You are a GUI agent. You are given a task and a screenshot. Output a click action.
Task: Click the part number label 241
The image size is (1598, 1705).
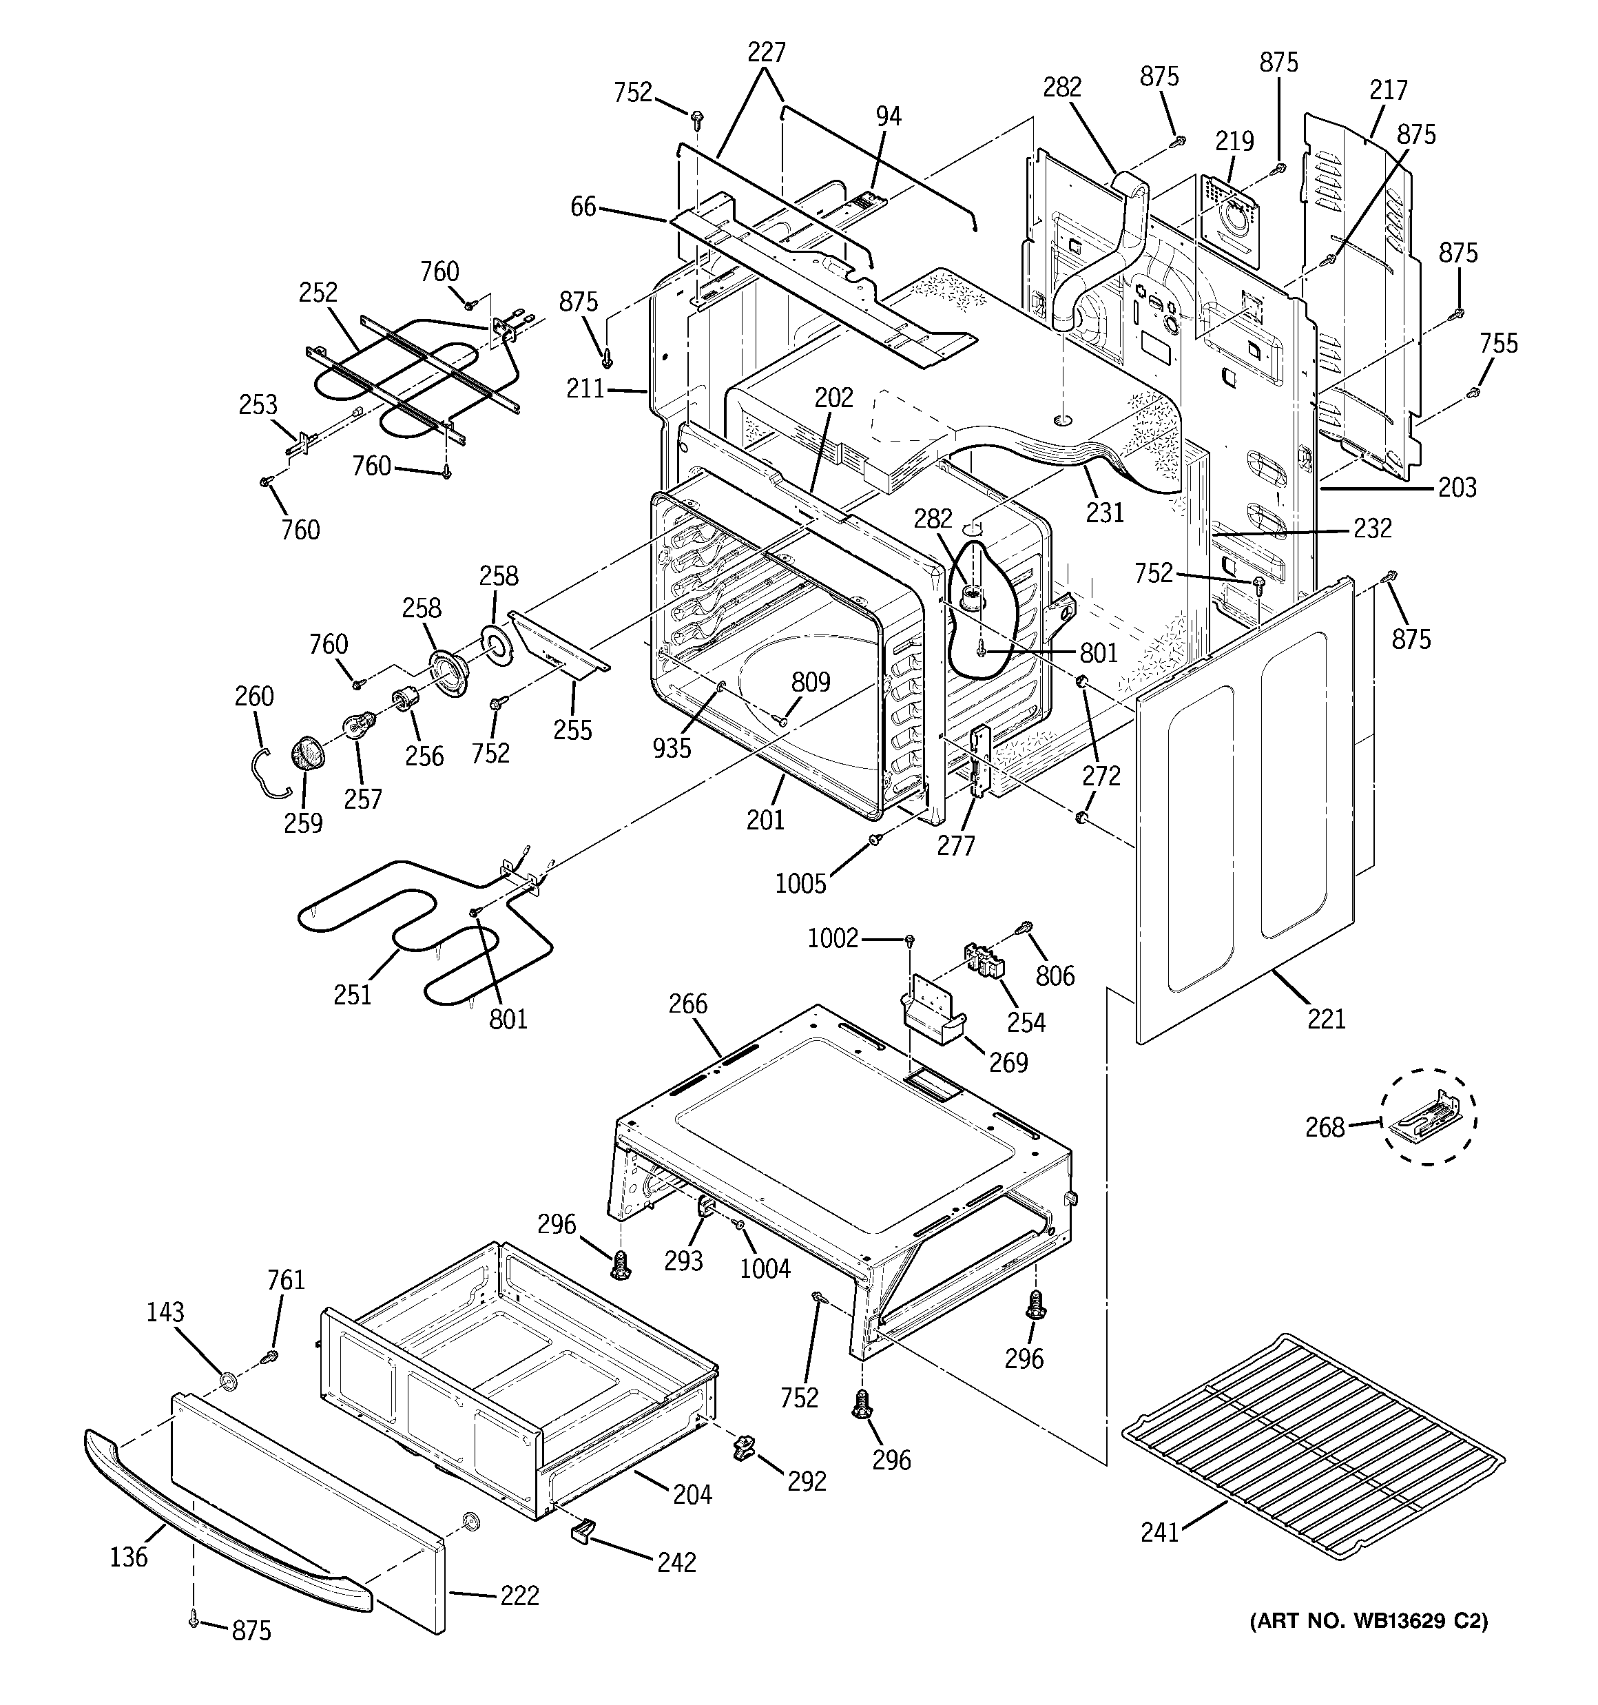pyautogui.click(x=1160, y=1531)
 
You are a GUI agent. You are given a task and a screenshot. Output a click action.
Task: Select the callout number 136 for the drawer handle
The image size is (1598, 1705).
pyautogui.click(x=129, y=1557)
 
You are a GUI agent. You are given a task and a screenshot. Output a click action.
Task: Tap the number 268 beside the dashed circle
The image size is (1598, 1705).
pyautogui.click(x=1325, y=1127)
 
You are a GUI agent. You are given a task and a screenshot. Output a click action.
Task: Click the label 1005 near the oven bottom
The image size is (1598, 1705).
pyautogui.click(x=800, y=883)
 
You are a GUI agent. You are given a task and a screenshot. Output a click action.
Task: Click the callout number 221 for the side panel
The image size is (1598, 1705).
pyautogui.click(x=1326, y=1019)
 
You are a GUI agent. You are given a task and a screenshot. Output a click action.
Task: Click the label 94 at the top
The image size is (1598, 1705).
pyautogui.click(x=889, y=116)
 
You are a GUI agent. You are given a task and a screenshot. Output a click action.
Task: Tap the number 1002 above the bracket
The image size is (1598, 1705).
pyautogui.click(x=832, y=938)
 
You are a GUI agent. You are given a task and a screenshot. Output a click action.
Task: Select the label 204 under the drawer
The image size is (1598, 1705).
pyautogui.click(x=692, y=1494)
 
